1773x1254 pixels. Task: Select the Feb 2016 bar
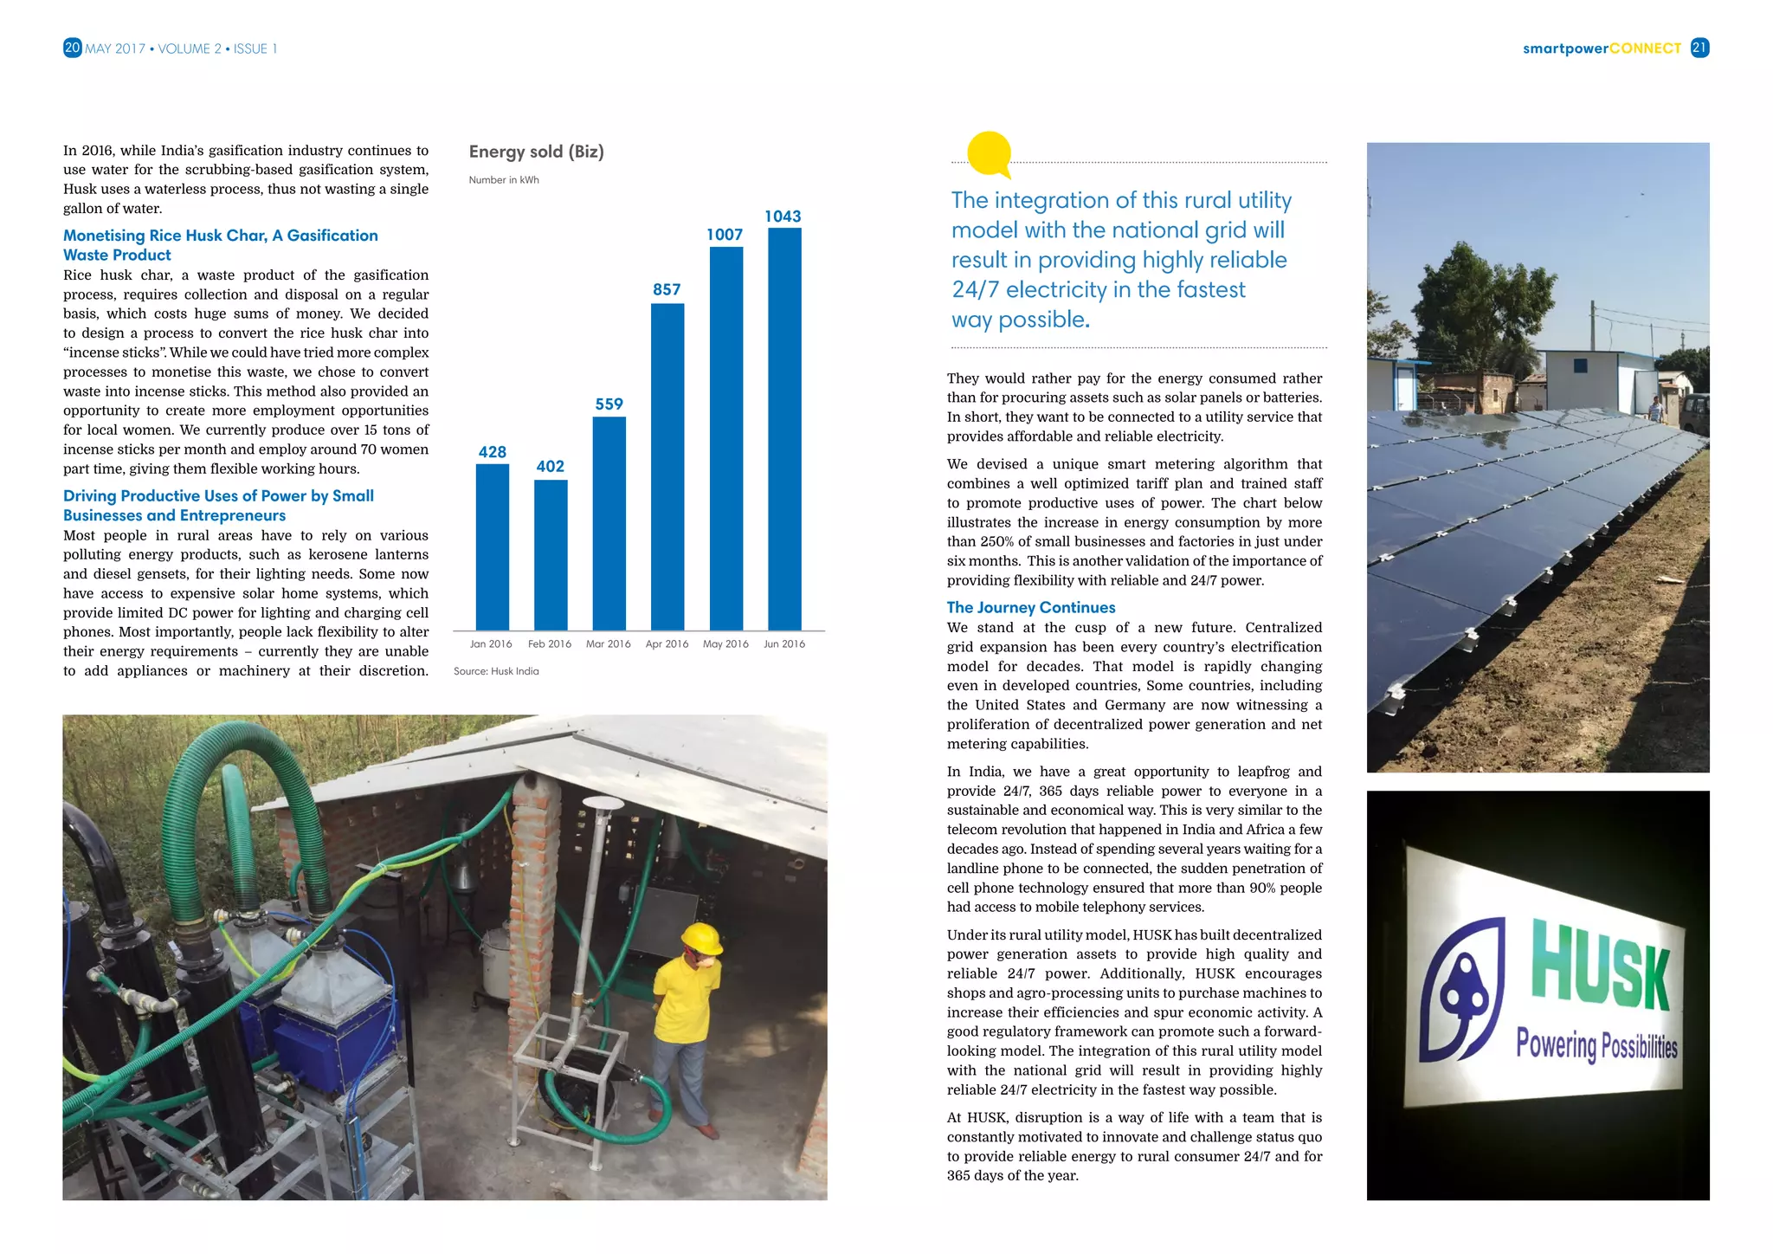551,554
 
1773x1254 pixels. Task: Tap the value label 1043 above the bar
783,217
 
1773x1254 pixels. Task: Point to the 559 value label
609,404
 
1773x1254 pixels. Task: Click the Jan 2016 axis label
491,644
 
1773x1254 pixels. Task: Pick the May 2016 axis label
725,644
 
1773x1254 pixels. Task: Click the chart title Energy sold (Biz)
536,152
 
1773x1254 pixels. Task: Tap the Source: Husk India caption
496,671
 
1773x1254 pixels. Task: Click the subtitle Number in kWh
504,180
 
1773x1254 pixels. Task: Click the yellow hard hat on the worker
701,937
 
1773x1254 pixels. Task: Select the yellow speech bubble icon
990,154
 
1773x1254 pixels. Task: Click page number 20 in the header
73,48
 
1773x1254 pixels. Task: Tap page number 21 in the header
1699,48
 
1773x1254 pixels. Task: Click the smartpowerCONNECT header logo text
1601,48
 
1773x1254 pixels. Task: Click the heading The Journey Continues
1030,608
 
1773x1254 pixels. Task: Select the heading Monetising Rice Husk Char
220,236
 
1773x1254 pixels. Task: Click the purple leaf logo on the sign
1463,992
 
